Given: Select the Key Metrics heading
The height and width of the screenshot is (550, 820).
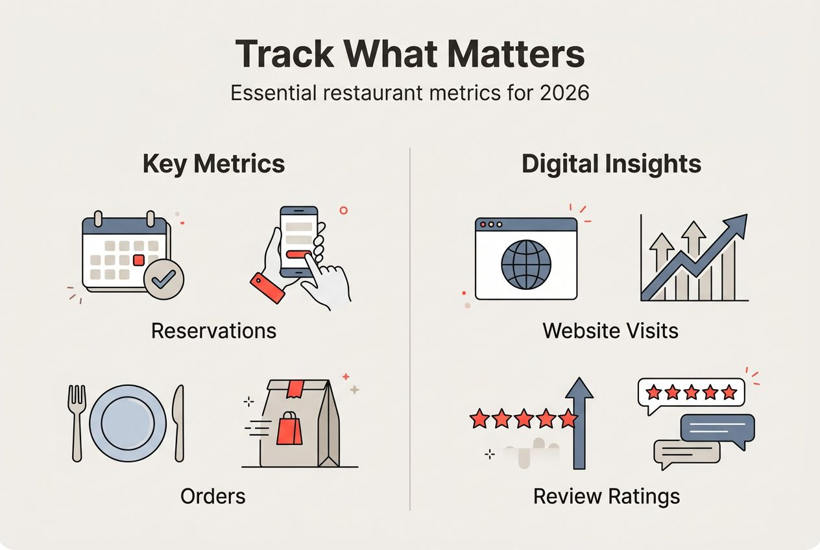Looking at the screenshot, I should (x=213, y=163).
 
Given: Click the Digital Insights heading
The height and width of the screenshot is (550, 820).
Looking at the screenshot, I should (x=611, y=163).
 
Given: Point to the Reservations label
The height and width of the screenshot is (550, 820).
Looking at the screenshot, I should (x=213, y=331).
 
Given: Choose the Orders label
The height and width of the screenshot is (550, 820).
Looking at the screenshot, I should (x=213, y=497).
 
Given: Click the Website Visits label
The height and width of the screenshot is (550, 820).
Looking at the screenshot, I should (x=610, y=331).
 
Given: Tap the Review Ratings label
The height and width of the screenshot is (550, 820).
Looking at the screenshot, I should (x=607, y=497).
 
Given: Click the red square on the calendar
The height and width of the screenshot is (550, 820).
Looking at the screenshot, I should (x=138, y=260).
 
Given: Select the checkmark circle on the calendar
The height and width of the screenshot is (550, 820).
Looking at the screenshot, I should (x=163, y=280).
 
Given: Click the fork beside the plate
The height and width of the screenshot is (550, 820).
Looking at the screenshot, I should (x=77, y=422).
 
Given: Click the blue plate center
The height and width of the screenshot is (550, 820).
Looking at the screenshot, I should (x=127, y=422).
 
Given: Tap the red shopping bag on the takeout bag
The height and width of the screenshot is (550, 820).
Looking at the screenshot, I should (x=289, y=430).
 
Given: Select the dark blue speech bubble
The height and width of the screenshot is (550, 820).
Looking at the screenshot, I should (x=717, y=428).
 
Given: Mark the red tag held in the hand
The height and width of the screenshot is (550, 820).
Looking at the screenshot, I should (x=267, y=287).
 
